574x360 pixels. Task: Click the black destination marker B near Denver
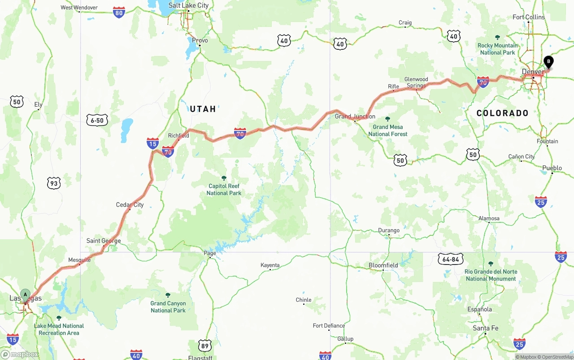point(548,62)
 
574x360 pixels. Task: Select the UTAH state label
point(203,109)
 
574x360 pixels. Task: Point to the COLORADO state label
point(502,113)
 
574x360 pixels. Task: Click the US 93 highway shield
point(54,183)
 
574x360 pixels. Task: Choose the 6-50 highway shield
point(97,120)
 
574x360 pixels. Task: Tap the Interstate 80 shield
point(119,13)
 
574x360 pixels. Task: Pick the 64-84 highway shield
point(450,259)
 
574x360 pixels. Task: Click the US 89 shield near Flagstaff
point(205,345)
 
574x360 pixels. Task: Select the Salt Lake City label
point(188,5)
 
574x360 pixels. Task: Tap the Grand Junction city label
point(355,117)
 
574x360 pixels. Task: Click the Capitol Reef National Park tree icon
point(224,178)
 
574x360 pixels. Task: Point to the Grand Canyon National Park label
point(168,307)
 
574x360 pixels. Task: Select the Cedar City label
point(130,205)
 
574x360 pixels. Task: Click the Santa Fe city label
point(485,328)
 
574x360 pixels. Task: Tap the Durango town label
point(388,230)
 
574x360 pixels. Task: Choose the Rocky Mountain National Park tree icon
point(497,38)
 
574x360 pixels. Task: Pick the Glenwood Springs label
point(416,82)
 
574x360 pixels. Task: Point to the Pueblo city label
point(552,168)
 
